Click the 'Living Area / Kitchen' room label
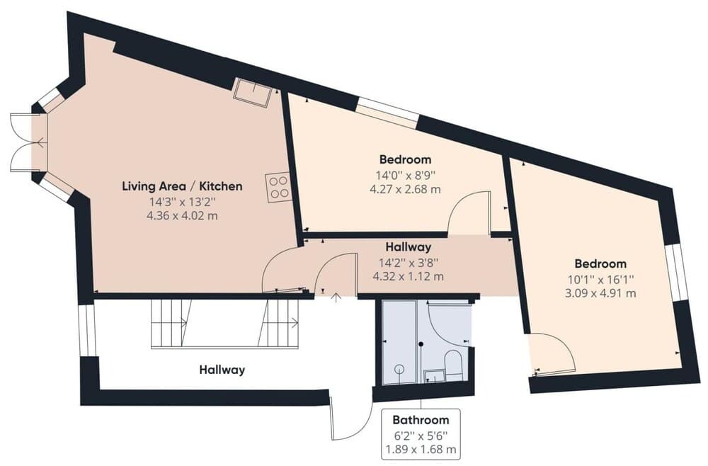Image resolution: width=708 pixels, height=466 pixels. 182,186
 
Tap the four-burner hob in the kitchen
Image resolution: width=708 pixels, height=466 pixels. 279,187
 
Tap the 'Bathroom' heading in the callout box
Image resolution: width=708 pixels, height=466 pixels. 421,419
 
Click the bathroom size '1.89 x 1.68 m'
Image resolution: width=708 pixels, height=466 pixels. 421,449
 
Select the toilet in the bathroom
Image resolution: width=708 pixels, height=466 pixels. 453,365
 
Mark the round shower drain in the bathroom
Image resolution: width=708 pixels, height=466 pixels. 399,369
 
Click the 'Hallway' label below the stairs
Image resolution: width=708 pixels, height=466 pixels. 222,369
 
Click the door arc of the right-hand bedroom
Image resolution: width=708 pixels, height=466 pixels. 552,352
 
